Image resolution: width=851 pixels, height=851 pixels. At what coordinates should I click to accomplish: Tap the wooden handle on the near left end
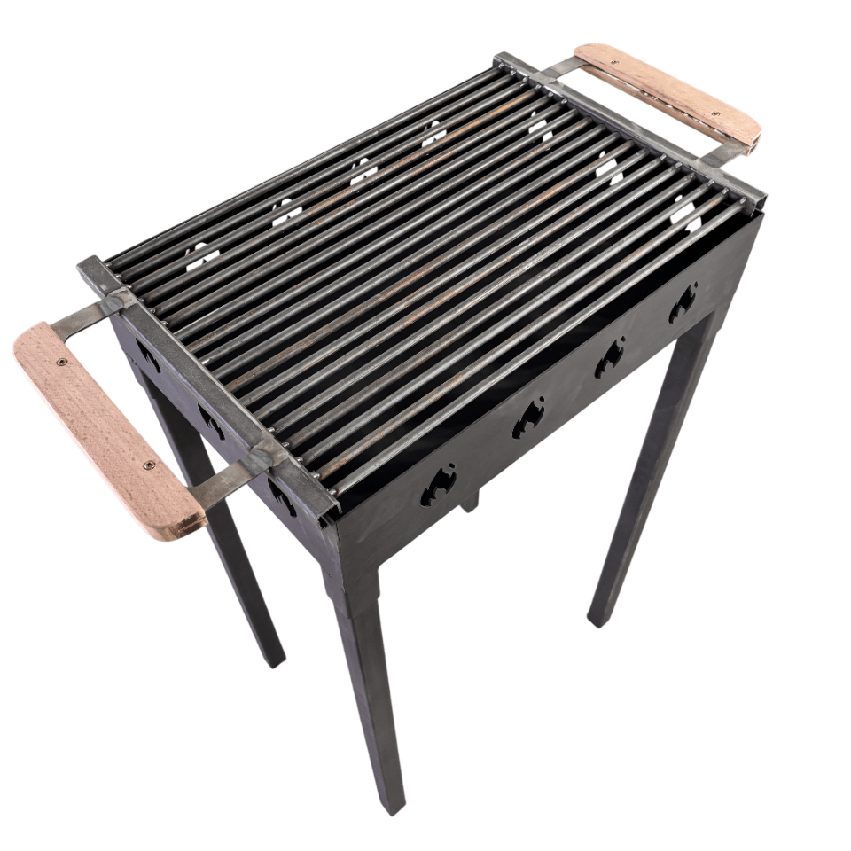pyautogui.click(x=106, y=430)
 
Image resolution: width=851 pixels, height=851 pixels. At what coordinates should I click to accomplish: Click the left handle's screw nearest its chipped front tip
pyautogui.click(x=149, y=465)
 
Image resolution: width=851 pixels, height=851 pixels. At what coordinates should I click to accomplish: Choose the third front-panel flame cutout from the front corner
pyautogui.click(x=610, y=356)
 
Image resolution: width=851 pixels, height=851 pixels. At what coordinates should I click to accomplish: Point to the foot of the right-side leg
pyautogui.click(x=599, y=615)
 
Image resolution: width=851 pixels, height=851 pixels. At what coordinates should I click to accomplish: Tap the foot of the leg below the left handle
pyautogui.click(x=275, y=658)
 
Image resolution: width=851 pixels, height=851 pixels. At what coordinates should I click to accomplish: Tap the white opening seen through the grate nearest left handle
pyautogui.click(x=202, y=257)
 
